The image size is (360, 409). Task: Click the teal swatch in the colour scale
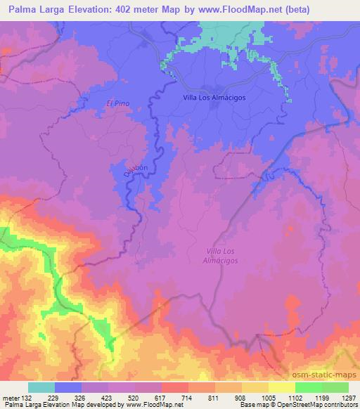click(x=41, y=387)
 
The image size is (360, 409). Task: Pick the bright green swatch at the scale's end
click(x=335, y=387)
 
